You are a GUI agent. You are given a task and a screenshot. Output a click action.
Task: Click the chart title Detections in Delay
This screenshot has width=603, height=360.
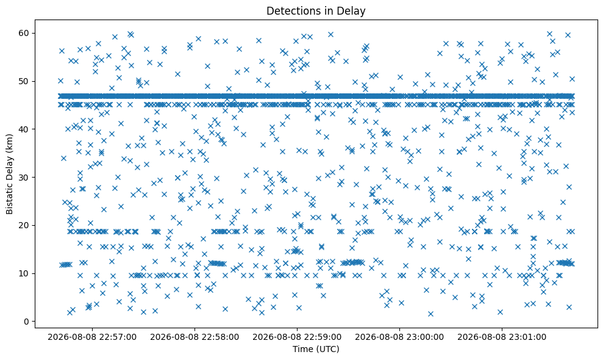click(x=316, y=11)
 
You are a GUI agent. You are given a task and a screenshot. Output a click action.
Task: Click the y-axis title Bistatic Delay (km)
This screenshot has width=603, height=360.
click(x=9, y=174)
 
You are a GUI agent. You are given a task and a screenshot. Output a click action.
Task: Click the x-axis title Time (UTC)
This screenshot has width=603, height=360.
click(x=316, y=349)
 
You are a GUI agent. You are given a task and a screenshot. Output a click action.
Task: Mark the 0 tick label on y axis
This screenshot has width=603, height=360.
click(x=27, y=322)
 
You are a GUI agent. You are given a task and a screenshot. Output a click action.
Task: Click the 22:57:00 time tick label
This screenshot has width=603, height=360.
click(x=92, y=337)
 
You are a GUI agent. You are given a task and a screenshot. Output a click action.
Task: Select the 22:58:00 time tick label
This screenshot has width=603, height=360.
click(x=194, y=337)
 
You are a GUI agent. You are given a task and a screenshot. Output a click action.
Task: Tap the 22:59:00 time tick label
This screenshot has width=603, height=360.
click(x=297, y=337)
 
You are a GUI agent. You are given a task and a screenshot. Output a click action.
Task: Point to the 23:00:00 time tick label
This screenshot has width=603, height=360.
click(x=399, y=337)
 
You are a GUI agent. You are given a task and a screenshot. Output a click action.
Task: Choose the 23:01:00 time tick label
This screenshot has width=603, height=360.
click(x=502, y=337)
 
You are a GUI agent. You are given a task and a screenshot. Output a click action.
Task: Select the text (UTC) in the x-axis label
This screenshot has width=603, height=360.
click(x=327, y=349)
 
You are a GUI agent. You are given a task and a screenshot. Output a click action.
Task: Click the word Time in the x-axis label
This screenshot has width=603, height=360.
click(x=302, y=349)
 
